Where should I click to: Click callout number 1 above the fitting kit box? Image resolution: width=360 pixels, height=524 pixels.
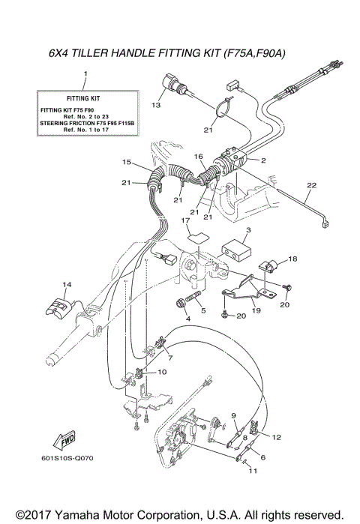coord(85,74)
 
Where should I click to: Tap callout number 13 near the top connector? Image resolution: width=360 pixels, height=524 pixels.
coord(156,106)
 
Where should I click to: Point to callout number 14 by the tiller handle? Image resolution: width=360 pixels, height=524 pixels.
coord(67,285)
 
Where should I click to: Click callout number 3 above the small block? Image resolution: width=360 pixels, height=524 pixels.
coord(248,230)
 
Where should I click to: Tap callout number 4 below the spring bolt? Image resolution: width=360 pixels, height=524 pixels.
coord(178,319)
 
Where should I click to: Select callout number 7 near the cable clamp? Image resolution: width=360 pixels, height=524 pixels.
coord(171,358)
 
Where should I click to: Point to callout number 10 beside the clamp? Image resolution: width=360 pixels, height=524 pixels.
coord(163,372)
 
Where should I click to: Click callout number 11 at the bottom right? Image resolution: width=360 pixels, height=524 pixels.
coord(252,471)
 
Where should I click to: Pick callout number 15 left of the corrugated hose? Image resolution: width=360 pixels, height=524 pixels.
coord(127,162)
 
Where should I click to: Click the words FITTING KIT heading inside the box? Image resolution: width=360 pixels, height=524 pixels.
coord(84,97)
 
